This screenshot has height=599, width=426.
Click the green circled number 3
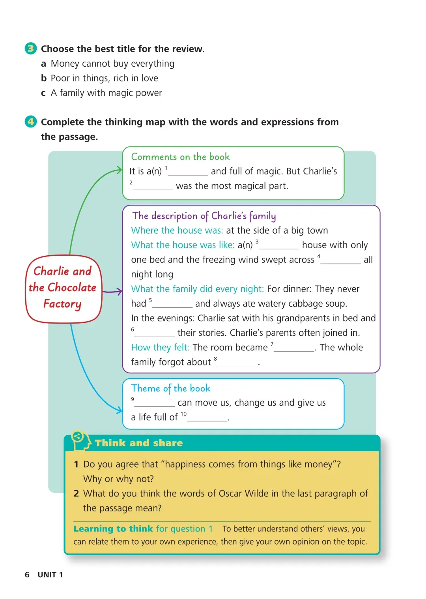tap(31, 49)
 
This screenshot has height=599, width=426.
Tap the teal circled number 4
tap(31, 122)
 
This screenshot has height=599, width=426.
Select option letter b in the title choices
tap(44, 78)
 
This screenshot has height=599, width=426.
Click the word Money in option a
tap(64, 64)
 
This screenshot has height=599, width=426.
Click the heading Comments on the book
tap(180, 157)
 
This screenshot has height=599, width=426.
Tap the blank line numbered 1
tap(188, 172)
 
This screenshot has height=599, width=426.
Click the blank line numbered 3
tap(279, 246)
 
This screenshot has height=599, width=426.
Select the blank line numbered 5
tap(172, 305)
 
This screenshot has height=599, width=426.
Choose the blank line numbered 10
tap(207, 418)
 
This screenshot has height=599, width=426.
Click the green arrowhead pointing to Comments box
tap(119, 170)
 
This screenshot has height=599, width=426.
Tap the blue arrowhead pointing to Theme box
tap(119, 410)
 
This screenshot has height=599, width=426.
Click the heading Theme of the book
tap(171, 388)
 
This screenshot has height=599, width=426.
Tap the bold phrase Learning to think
tap(113, 529)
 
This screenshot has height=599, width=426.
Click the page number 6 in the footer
tap(27, 575)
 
